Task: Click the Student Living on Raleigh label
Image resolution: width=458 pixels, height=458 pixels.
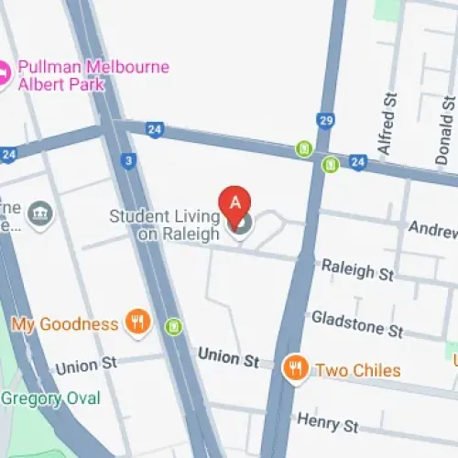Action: point(165,225)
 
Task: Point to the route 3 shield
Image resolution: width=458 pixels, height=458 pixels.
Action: point(127,161)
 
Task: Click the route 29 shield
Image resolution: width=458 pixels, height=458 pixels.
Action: point(325,121)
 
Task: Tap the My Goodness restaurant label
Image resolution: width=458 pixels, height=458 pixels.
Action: point(65,324)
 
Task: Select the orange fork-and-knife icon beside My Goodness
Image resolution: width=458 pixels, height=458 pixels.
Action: point(137,321)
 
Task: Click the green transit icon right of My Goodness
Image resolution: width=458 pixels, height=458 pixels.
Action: point(174,326)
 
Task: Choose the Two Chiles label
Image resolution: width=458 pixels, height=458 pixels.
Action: point(357,370)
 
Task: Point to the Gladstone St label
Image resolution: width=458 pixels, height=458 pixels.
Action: point(357,322)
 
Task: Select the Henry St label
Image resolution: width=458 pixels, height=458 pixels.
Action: point(327,423)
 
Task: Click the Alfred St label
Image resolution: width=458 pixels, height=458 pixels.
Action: point(387,123)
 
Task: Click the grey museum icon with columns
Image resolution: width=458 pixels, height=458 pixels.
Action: point(40,214)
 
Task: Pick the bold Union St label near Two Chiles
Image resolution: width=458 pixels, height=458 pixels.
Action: point(229,358)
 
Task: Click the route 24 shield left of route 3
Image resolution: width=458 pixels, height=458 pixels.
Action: point(8,155)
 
